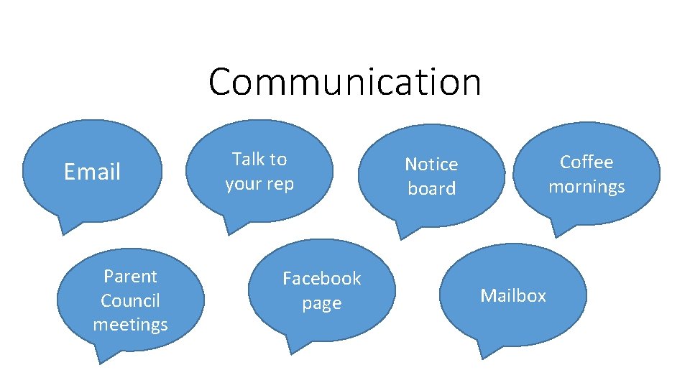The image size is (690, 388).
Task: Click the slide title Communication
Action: [344, 81]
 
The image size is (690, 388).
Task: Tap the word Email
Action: [92, 172]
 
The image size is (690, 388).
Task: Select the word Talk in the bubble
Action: [247, 159]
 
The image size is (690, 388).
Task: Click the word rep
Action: [280, 184]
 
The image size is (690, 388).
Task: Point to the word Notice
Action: [431, 164]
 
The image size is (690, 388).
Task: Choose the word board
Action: [431, 188]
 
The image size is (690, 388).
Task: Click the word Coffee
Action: [586, 162]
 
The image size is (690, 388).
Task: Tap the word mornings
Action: [586, 187]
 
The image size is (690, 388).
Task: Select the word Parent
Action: [130, 276]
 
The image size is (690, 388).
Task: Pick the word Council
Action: [130, 300]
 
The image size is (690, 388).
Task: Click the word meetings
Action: [130, 325]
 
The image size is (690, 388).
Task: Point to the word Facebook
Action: [321, 278]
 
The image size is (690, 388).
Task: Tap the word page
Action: [321, 303]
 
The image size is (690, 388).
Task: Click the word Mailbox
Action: [513, 295]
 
